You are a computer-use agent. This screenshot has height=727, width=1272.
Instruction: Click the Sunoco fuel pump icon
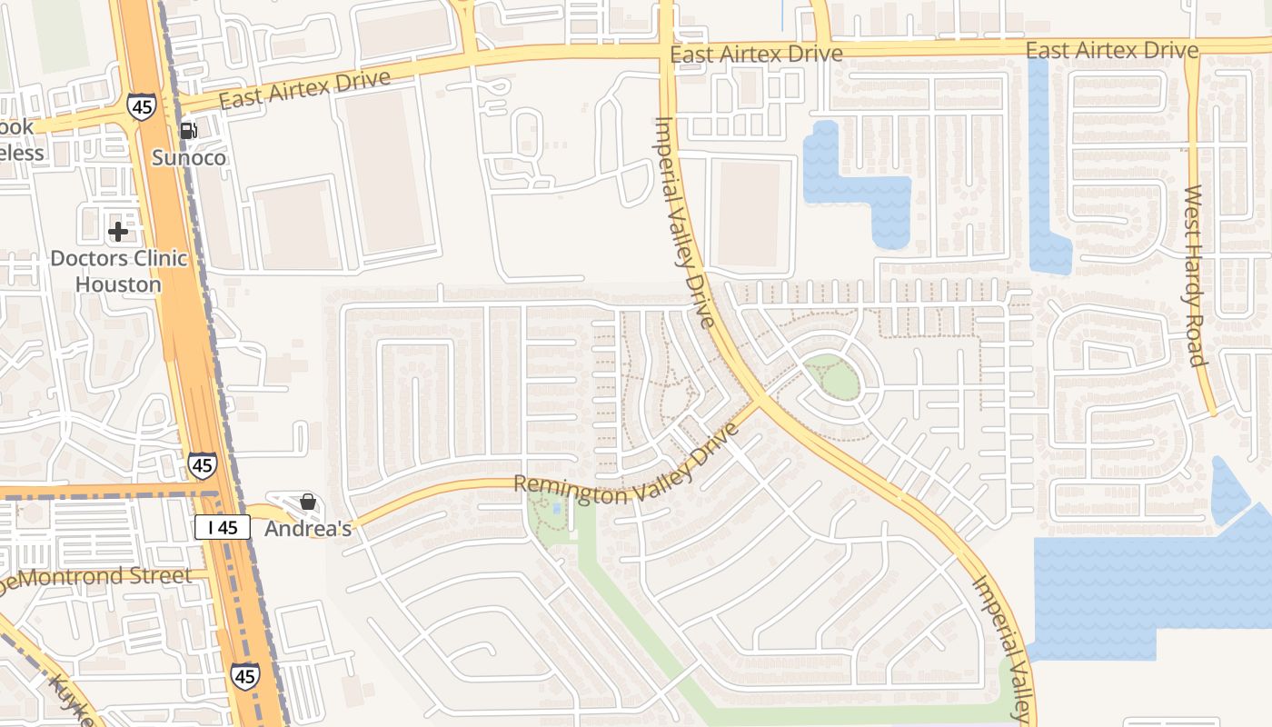pos(188,131)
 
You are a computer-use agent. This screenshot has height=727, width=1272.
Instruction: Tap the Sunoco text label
pos(188,158)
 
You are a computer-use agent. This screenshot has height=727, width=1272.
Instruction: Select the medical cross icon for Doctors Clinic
pos(117,232)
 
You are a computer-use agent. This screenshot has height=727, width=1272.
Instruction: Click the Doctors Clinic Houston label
pos(118,271)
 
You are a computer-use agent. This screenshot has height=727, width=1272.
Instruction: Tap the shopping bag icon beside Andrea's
pos(308,502)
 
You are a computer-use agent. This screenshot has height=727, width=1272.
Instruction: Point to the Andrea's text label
pos(308,528)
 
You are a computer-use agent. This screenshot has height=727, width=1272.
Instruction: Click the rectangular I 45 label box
pos(223,527)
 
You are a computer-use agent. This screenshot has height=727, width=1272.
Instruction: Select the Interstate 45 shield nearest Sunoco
pos(141,105)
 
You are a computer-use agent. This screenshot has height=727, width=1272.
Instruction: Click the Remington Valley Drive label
pos(628,469)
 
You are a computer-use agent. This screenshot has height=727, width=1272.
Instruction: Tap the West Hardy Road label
pos(1195,275)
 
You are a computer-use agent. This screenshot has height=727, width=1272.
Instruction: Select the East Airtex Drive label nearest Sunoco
pos(304,89)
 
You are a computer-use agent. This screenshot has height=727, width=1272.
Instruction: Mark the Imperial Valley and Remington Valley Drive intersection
pos(759,401)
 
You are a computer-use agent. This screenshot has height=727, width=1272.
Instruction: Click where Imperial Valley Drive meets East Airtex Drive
pos(666,53)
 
